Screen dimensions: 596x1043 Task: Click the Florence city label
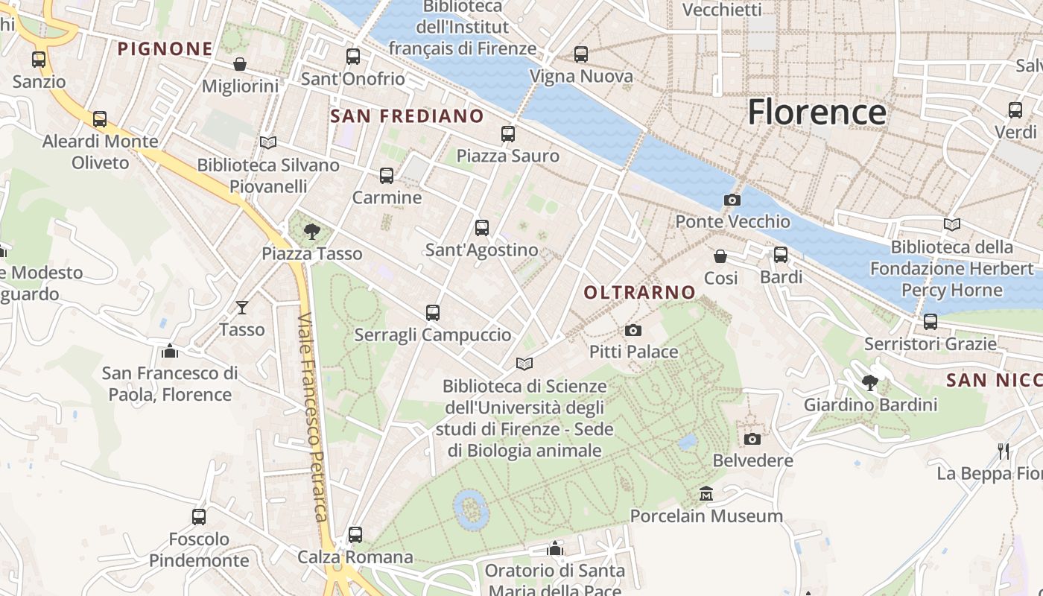pyautogui.click(x=817, y=112)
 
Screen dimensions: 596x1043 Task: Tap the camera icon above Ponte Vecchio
pyautogui.click(x=732, y=200)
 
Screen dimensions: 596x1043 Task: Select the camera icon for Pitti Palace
pyautogui.click(x=633, y=330)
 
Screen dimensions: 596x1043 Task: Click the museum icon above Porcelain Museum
pyautogui.click(x=706, y=493)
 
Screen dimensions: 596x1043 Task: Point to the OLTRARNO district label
pyautogui.click(x=639, y=293)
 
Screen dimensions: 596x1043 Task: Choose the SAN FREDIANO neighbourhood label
pyautogui.click(x=407, y=116)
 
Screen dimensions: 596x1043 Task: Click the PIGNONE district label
pyautogui.click(x=165, y=49)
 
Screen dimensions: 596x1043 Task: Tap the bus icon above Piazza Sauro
pyautogui.click(x=508, y=134)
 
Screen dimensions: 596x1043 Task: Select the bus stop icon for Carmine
pyautogui.click(x=386, y=176)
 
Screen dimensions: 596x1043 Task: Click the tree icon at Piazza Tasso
pyautogui.click(x=312, y=232)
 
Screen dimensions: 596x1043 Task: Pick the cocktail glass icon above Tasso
pyautogui.click(x=242, y=307)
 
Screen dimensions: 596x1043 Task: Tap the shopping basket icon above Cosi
pyautogui.click(x=720, y=256)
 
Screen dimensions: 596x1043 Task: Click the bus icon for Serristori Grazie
pyautogui.click(x=930, y=322)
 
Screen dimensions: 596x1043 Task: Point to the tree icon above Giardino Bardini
pyautogui.click(x=869, y=383)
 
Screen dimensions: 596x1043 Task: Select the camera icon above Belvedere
pyautogui.click(x=752, y=439)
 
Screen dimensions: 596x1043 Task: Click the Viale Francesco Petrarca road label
pyautogui.click(x=313, y=417)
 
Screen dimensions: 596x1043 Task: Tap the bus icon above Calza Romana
pyautogui.click(x=355, y=535)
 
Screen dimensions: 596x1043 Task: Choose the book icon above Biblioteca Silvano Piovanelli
pyautogui.click(x=267, y=142)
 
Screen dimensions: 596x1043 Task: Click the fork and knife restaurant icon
pyautogui.click(x=1004, y=451)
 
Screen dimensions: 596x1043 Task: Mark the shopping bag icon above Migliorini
pyautogui.click(x=240, y=64)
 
